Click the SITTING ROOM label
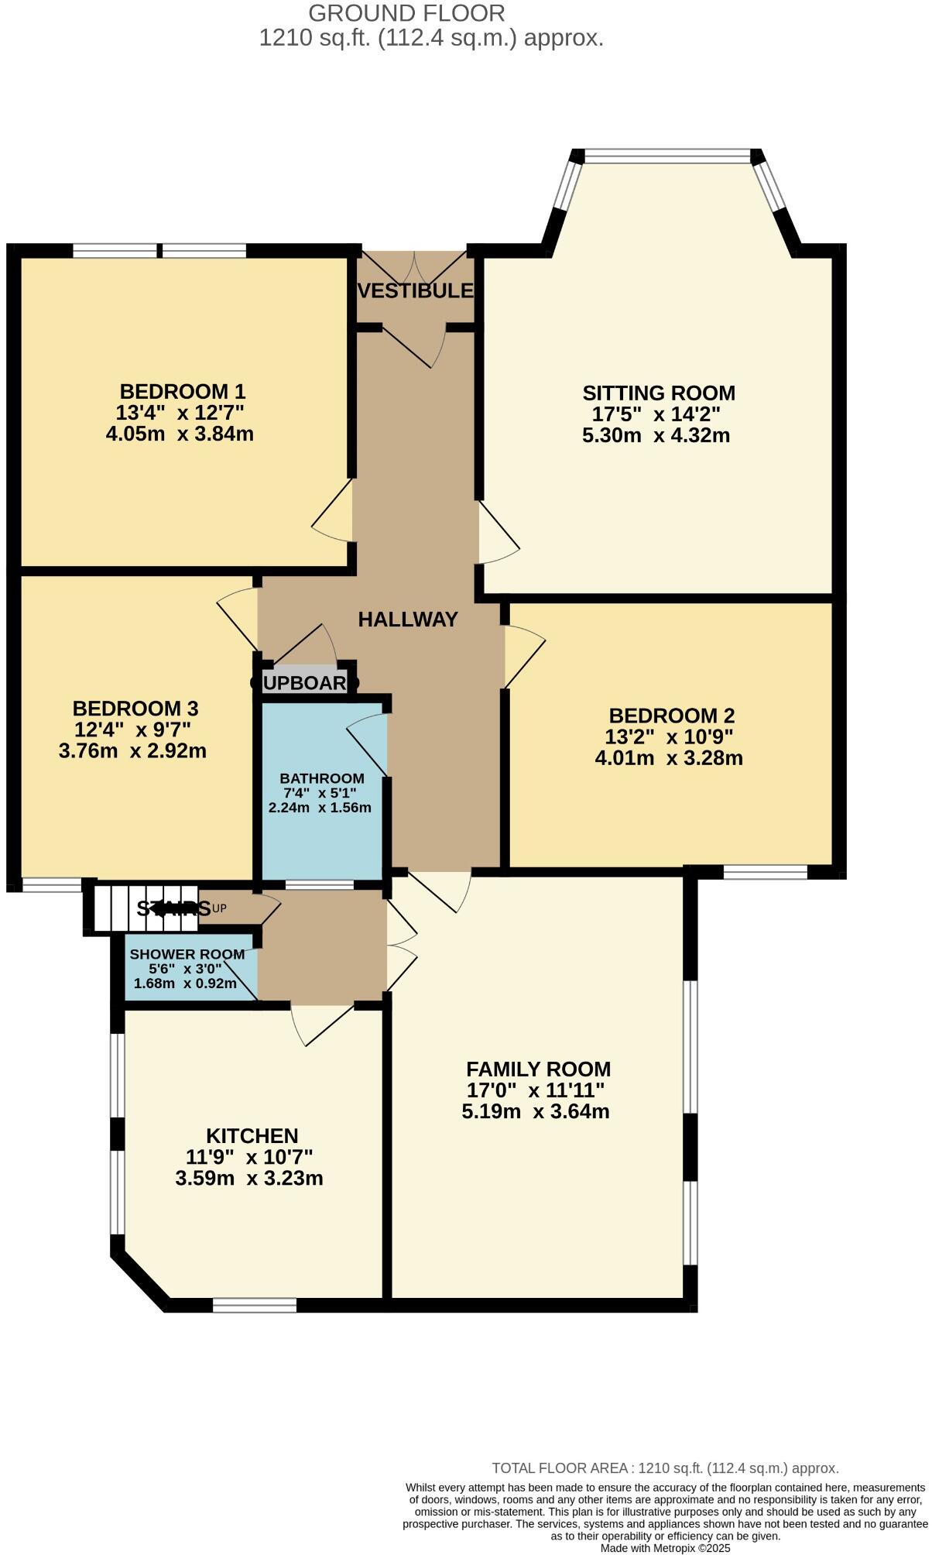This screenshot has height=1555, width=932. pos(658,393)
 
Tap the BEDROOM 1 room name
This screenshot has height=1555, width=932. pos(182,391)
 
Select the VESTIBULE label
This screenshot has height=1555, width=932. pos(416,291)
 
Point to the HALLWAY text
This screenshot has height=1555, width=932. pos(408,620)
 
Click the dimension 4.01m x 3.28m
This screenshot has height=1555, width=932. pos(668,758)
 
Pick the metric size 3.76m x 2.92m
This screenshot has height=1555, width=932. pos(132,751)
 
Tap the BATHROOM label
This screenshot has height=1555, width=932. pos(321,778)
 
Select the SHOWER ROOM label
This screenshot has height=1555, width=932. pos(187,954)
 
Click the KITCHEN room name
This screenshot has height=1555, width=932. pos(252,1136)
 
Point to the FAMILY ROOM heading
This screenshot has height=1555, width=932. pos(538,1069)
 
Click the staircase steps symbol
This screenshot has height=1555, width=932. pos(143,908)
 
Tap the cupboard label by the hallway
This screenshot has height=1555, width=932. pos(305,683)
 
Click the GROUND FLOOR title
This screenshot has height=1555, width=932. pos(406,12)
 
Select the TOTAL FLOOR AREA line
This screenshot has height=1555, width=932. pos(665,1467)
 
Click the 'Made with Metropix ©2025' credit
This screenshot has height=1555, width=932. pos(665,1548)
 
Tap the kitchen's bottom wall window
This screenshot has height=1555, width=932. pos(255,1306)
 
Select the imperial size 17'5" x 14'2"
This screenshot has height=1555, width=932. pos(656,414)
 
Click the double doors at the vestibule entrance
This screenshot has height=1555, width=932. pos(416,267)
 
